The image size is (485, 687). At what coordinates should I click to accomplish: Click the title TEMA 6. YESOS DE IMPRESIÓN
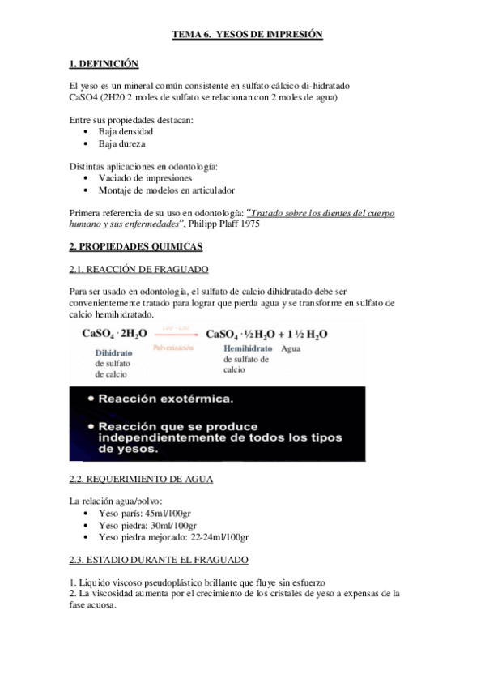click(x=247, y=35)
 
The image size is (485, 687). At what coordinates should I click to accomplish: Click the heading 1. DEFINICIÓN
click(x=104, y=63)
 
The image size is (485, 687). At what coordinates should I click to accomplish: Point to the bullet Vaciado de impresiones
click(x=145, y=178)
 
